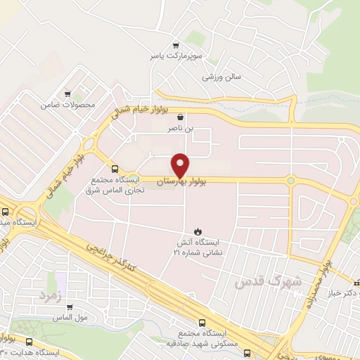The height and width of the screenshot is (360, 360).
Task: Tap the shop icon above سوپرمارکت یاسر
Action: [174, 43]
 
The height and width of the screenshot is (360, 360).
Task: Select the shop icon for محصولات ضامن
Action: [67, 93]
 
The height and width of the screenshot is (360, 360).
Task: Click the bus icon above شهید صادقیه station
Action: [202, 323]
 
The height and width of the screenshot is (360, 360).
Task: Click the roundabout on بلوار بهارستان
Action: [290, 181]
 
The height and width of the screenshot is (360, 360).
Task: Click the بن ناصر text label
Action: [183, 130]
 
